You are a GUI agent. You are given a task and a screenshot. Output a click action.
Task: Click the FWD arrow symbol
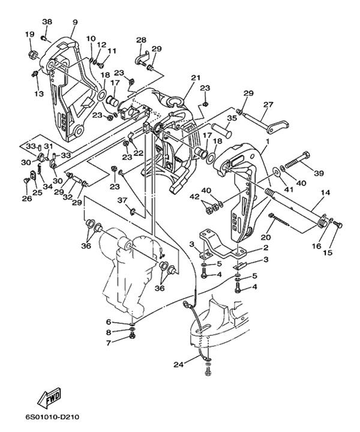[47, 398]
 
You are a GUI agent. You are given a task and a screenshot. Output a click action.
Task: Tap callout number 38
[47, 22]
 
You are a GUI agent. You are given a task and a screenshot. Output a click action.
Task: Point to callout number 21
[195, 77]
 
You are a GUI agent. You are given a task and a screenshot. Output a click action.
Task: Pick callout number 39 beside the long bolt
[319, 173]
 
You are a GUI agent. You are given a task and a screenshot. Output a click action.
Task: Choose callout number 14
[326, 193]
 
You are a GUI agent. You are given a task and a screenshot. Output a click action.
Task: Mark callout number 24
[178, 364]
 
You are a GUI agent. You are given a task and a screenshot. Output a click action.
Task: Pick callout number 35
[232, 119]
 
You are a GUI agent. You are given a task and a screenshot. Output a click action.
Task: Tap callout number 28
[141, 40]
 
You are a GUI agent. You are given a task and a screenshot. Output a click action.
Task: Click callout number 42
[194, 196]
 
